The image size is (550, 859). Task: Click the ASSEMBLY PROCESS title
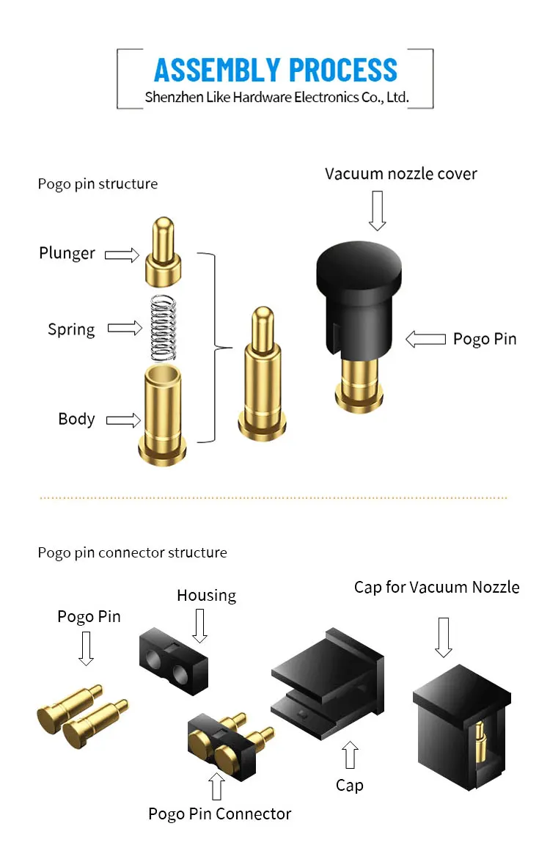(x=276, y=70)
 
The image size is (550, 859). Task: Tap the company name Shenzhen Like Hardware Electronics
(x=276, y=97)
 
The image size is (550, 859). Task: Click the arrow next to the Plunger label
(x=122, y=255)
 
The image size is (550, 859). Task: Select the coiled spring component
(x=165, y=327)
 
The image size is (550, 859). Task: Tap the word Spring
(x=71, y=329)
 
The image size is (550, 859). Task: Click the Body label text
(x=76, y=419)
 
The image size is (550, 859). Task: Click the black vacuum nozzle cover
(x=359, y=293)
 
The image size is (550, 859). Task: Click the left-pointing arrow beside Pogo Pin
(x=425, y=339)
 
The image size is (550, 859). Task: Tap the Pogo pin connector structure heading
(x=133, y=552)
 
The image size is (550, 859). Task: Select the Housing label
(x=206, y=595)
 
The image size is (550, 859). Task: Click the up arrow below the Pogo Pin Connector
(x=217, y=786)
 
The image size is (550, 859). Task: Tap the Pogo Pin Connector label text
(x=219, y=814)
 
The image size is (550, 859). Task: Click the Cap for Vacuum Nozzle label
(x=437, y=587)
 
